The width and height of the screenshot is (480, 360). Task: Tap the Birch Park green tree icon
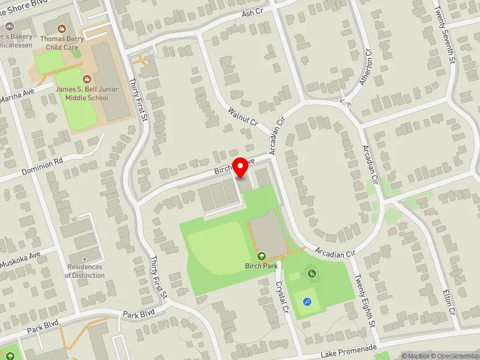pyautogui.click(x=262, y=256)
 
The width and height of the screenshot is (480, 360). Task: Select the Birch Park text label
pyautogui.click(x=262, y=265)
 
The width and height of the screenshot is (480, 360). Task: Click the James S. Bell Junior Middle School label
pyautogui.click(x=87, y=94)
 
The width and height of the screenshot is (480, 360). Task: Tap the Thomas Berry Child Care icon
pyautogui.click(x=61, y=28)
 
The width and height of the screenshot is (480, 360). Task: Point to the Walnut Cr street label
pyautogui.click(x=243, y=117)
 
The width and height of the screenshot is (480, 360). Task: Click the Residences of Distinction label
pyautogui.click(x=85, y=271)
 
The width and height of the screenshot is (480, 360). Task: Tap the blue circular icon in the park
pyautogui.click(x=308, y=302)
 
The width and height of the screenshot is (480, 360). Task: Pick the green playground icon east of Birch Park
pyautogui.click(x=312, y=274)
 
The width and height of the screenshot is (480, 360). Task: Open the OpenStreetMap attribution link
pyautogui.click(x=455, y=356)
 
